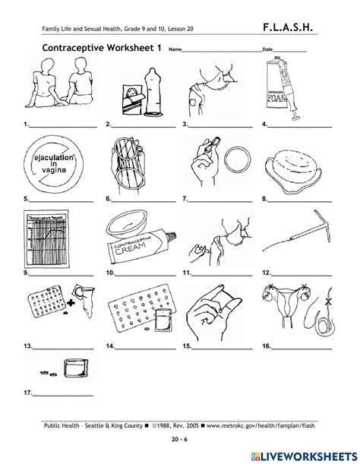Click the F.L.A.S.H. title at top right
tap(300, 30)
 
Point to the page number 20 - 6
tap(178, 439)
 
